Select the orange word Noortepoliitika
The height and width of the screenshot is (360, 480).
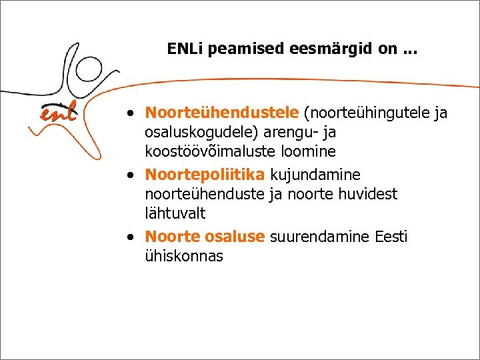tap(205, 175)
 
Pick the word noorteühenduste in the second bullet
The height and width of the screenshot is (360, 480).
tap(203, 194)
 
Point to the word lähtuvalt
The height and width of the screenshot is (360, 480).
tap(175, 213)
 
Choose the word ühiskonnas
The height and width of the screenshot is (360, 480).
tap(184, 256)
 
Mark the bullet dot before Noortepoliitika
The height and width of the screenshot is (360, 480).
tap(134, 175)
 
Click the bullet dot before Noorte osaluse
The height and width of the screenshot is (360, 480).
tap(134, 237)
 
